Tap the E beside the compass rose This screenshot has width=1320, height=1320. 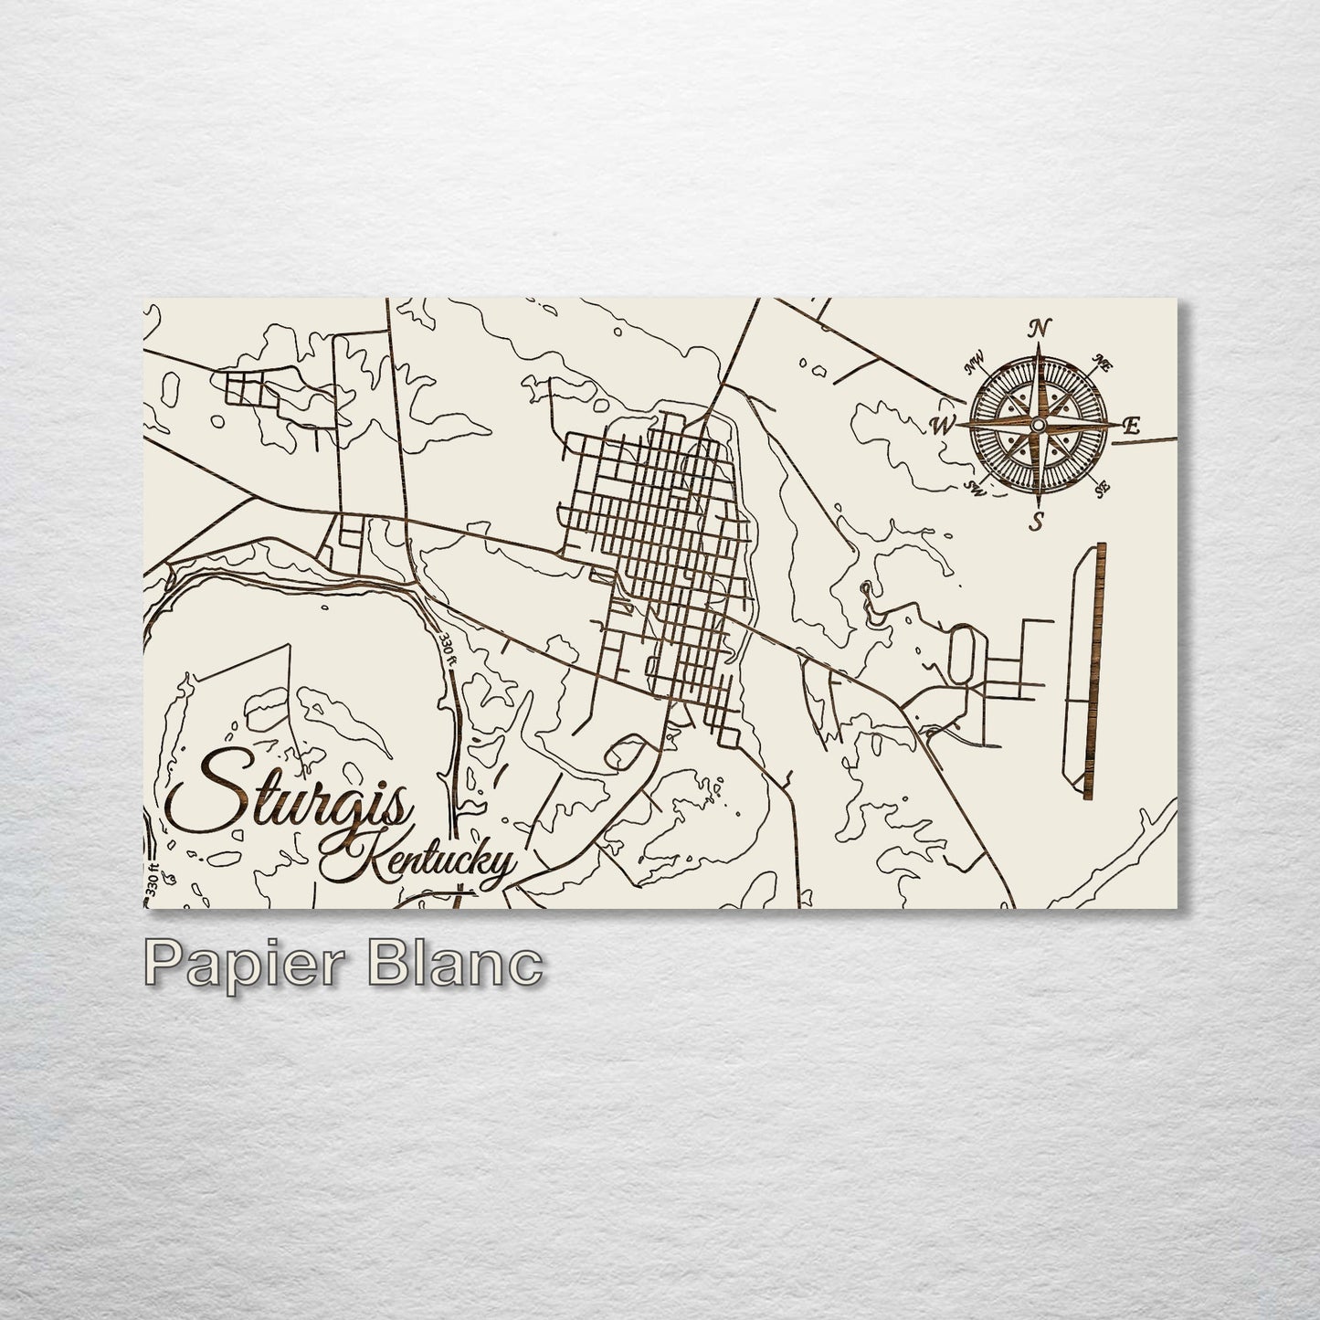(1132, 425)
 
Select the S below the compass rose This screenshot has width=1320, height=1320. (1037, 523)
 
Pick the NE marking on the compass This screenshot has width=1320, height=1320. (1101, 364)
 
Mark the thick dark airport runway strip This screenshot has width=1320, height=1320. (1093, 671)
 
